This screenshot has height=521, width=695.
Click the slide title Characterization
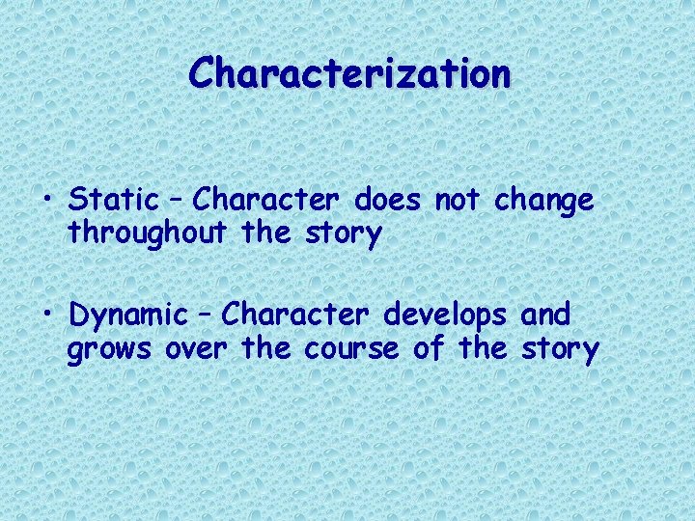coord(349,73)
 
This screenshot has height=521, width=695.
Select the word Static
coord(114,201)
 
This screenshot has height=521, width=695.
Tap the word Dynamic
coord(128,315)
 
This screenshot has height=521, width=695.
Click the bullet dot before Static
coord(48,202)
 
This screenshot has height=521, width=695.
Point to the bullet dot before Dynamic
coord(48,315)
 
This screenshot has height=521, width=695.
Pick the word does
coord(388,201)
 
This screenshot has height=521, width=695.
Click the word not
coord(459,201)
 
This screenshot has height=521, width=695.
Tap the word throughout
coord(144,234)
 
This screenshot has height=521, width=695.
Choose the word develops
coord(448,315)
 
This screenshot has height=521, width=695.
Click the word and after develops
coord(545,315)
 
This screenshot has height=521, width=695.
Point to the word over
coord(196,349)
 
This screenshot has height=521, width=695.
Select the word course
coord(350,349)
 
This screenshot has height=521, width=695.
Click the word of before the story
coord(428,348)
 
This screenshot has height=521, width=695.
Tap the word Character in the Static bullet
coord(265,201)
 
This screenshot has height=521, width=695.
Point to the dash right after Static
coord(176,202)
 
